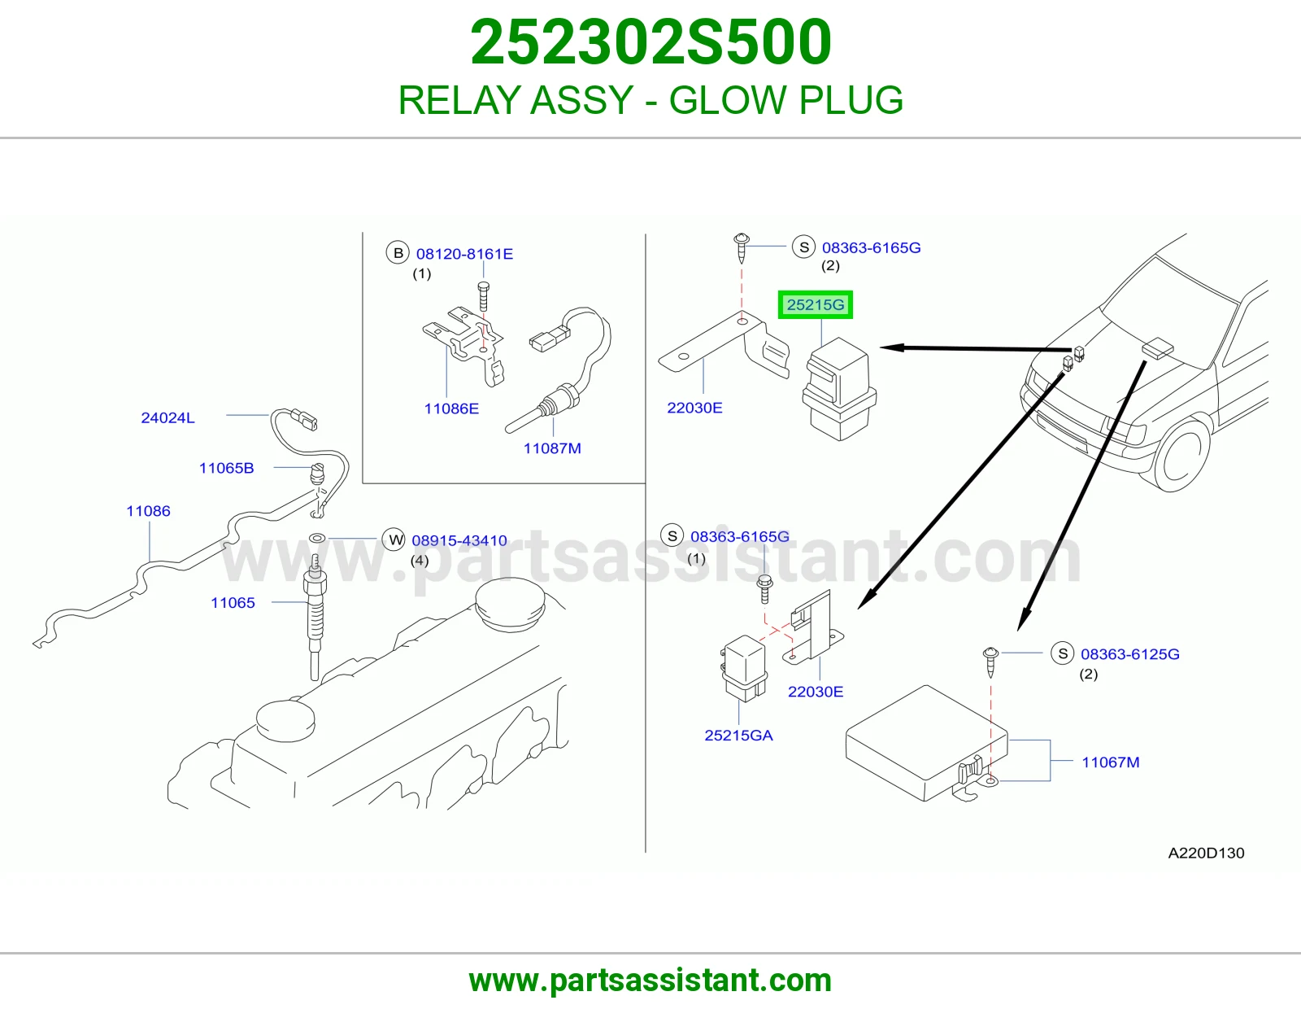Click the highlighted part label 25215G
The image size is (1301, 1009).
pos(815,305)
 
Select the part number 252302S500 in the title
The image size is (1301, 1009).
pos(650,42)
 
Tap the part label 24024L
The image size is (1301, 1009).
pos(168,417)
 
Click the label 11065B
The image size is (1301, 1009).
pos(226,468)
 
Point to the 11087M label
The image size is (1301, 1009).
pos(552,448)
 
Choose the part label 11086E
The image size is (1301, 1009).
pos(451,408)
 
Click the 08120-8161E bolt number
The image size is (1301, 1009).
pos(464,254)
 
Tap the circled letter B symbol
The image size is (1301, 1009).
pos(398,253)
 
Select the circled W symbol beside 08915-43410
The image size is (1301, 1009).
pos(394,539)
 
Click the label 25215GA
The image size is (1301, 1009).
pos(738,735)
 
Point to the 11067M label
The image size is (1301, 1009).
pos(1110,762)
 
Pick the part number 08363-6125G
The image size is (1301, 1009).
pos(1129,654)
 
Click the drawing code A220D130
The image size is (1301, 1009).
pos(1206,854)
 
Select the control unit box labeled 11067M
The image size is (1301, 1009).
pos(926,743)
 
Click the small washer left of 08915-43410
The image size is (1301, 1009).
pos(317,538)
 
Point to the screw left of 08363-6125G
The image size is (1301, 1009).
pos(990,662)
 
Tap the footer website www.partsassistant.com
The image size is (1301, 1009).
pos(650,981)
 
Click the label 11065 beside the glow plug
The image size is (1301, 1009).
pos(233,603)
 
